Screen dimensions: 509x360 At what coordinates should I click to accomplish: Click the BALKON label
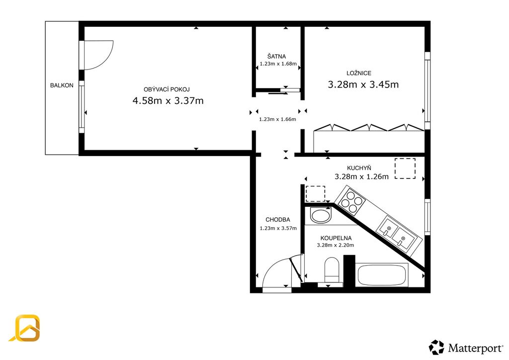pos(62,86)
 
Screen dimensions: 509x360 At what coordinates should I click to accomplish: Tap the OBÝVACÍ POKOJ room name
pos(167,90)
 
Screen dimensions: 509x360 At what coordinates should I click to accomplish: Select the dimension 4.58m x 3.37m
pos(168,100)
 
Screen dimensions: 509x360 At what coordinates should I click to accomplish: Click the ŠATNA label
pos(276,56)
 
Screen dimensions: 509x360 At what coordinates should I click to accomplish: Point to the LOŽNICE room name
pos(359,73)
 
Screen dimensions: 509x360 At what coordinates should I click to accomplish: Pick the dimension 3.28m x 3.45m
pos(363,85)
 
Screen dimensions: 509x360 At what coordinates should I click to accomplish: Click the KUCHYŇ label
pos(359,168)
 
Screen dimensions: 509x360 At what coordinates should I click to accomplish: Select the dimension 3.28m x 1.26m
pos(362,177)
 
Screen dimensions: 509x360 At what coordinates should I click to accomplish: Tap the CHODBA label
pos(278,220)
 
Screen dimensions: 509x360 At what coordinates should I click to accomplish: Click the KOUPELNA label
pos(336,238)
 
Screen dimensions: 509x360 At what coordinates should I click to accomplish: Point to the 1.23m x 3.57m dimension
pos(278,228)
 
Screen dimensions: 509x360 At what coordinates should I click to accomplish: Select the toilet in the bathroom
pos(332,270)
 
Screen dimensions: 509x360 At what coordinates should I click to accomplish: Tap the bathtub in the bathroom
pos(383,275)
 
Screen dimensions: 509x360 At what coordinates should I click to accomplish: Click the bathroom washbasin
pos(321,215)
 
